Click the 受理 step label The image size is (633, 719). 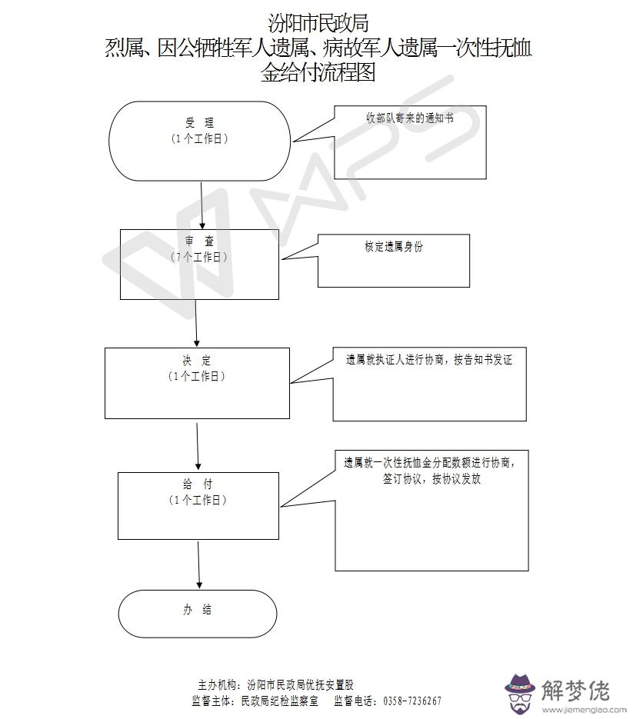[199, 123]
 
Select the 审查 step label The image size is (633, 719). [198, 241]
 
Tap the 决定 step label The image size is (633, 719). [198, 361]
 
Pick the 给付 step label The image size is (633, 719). [198, 484]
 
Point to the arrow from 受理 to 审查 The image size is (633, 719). [202, 205]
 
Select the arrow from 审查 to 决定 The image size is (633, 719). [197, 323]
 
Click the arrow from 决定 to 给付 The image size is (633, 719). [198, 445]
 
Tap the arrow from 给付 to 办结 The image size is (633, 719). [198, 565]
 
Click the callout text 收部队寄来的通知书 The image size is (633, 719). [409, 119]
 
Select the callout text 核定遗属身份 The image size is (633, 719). [394, 247]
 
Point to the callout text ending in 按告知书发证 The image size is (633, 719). [428, 359]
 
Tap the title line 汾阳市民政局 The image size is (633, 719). [318, 22]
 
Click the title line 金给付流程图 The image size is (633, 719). [318, 74]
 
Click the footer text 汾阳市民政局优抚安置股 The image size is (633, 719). [301, 684]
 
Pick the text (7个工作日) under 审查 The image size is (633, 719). [198, 257]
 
